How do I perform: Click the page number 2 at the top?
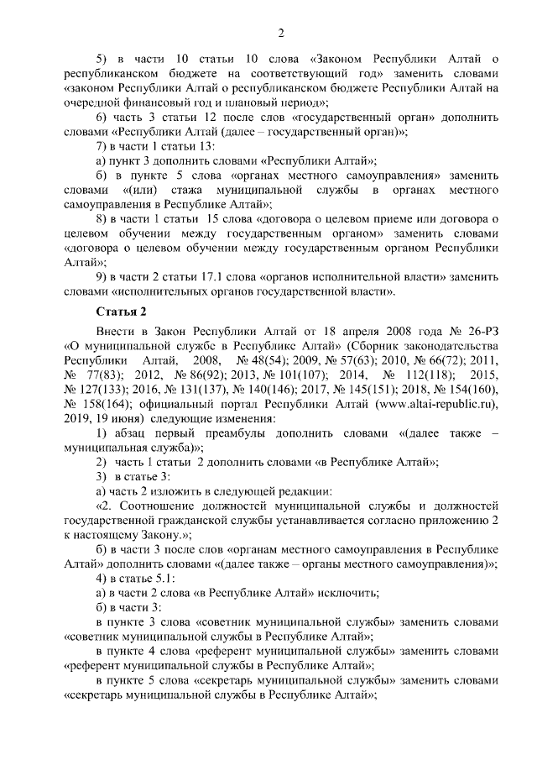pyautogui.click(x=281, y=34)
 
